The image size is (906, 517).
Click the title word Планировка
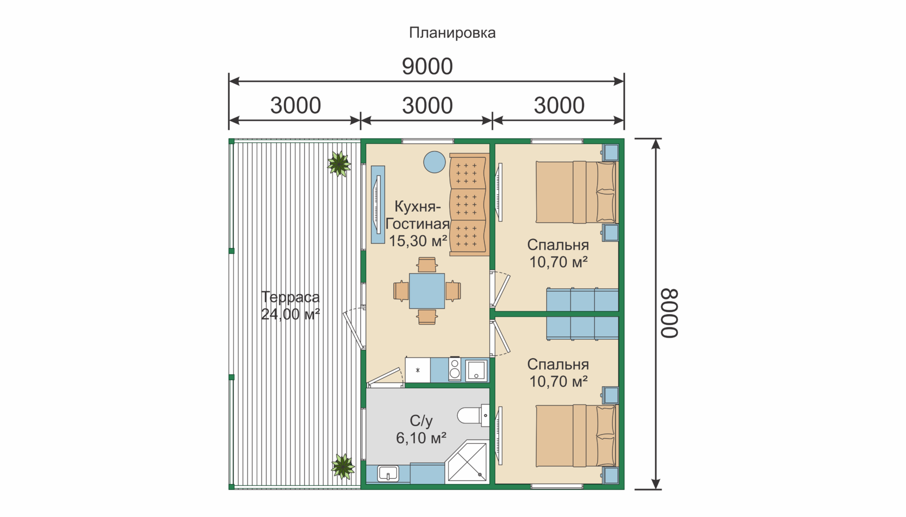pos(452,33)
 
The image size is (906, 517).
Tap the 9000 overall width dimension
pos(427,67)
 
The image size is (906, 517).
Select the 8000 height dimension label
pos(669,313)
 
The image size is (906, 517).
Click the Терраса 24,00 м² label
pos(290,305)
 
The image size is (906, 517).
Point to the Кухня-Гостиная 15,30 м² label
pos(418,223)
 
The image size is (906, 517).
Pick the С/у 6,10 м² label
pos(421,429)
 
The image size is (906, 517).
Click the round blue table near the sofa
pos(435,162)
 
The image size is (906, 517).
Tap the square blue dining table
pos(427,291)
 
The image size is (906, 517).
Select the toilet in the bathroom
pos(473,415)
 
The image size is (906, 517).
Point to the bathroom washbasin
pos(388,473)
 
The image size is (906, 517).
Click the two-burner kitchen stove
pos(455,369)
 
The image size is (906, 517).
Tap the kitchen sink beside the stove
pos(476,370)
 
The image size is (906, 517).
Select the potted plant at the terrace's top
pos(339,163)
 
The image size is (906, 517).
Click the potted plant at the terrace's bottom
pos(343,466)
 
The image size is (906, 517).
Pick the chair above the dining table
pos(427,265)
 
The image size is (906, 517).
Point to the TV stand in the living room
pos(377,205)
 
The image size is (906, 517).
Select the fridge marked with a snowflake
pos(418,369)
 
